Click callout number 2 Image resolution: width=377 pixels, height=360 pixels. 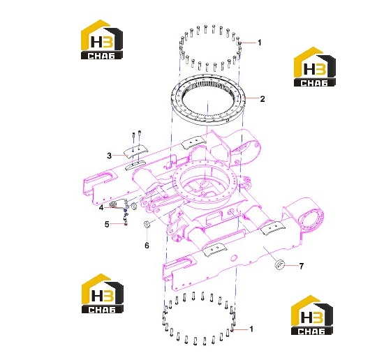tap(263, 99)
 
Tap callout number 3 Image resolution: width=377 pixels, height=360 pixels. tap(110, 156)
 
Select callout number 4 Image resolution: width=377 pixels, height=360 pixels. tap(101, 207)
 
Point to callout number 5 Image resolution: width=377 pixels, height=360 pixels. tap(107, 224)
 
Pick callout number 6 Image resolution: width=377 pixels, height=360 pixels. tap(147, 246)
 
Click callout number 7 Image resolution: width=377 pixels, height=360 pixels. tap(302, 266)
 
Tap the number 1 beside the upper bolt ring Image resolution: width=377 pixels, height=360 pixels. tap(260, 43)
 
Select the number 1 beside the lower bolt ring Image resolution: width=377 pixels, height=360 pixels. tap(251, 329)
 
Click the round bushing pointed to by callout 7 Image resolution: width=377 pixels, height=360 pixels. tap(280, 265)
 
